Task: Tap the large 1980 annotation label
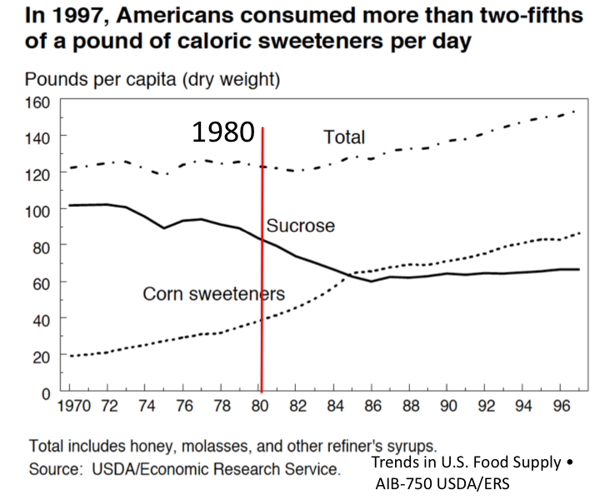tap(222, 132)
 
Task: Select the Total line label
tap(343, 137)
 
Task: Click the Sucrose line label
tap(300, 226)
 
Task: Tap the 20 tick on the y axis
tap(42, 355)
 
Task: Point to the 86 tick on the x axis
tap(371, 408)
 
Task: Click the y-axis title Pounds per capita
tap(152, 80)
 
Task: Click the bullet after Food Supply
tap(569, 462)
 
